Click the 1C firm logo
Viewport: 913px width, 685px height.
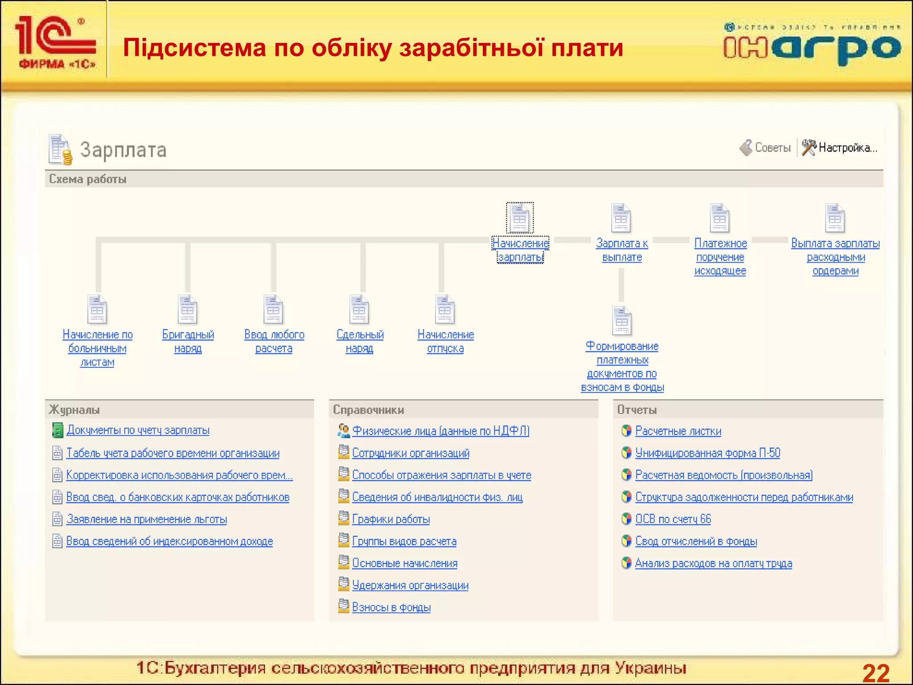(x=55, y=42)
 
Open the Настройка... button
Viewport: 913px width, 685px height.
(x=840, y=148)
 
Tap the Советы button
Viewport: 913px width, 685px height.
(x=765, y=148)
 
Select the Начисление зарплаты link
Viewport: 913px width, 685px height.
(x=520, y=250)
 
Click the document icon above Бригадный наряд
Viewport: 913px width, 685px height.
(x=188, y=309)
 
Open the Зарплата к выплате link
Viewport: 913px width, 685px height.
(x=622, y=250)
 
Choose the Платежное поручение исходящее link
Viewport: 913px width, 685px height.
(x=720, y=257)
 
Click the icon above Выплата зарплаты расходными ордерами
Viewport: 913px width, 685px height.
(x=835, y=218)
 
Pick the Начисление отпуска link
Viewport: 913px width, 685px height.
(x=445, y=342)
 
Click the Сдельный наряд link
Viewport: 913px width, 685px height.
(x=360, y=342)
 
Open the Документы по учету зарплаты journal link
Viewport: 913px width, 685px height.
(x=138, y=430)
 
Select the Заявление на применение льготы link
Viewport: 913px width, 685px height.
(x=147, y=519)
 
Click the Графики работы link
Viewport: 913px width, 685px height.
(x=391, y=519)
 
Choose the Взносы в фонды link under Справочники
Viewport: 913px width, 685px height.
(x=391, y=607)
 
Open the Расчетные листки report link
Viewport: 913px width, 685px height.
(x=678, y=431)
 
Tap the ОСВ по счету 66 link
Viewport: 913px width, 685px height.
(x=673, y=519)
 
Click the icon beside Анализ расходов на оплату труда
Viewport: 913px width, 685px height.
(x=626, y=563)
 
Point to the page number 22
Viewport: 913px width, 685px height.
(x=876, y=673)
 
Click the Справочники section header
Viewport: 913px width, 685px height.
(x=369, y=410)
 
